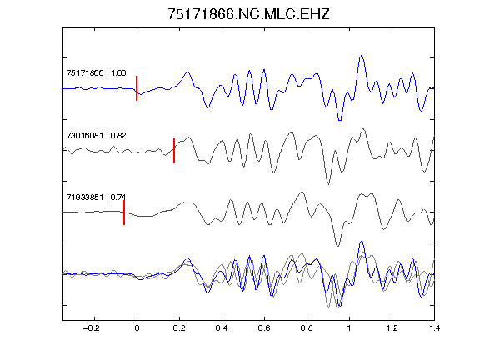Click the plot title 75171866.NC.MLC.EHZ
click(x=248, y=14)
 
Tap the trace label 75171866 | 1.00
click(x=96, y=73)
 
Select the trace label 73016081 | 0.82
click(x=96, y=136)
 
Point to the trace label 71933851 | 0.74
click(x=96, y=197)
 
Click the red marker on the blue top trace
click(x=137, y=88)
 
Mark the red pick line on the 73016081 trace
click(x=174, y=151)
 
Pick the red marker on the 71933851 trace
click(x=124, y=212)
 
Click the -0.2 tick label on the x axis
click(x=91, y=328)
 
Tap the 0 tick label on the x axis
click(x=137, y=328)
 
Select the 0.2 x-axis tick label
click(x=179, y=328)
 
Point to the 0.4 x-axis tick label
click(x=222, y=328)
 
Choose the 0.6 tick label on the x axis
click(x=264, y=328)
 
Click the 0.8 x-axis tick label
click(x=307, y=328)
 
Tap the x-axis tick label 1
click(x=349, y=328)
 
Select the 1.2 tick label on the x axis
click(x=392, y=328)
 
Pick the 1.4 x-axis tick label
click(x=434, y=328)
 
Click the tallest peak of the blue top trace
click(x=362, y=56)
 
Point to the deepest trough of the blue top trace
click(x=339, y=120)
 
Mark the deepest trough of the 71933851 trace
click(x=337, y=246)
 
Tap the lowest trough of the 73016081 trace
click(x=328, y=183)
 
